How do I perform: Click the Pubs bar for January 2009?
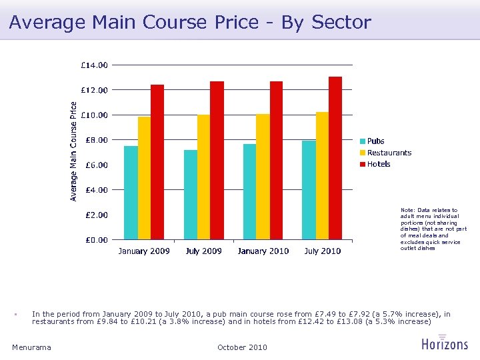click(131, 193)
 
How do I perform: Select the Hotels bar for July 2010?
click(335, 158)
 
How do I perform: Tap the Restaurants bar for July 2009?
click(203, 177)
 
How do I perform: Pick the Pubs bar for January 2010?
click(249, 192)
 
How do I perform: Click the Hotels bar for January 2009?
click(157, 162)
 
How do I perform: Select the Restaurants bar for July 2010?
click(322, 176)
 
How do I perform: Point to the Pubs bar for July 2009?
click(191, 195)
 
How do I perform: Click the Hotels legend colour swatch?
click(363, 164)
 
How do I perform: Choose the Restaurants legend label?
click(389, 153)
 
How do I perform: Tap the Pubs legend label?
click(376, 141)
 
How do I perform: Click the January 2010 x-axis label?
click(263, 251)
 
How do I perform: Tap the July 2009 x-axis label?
click(203, 251)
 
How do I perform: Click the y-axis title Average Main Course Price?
click(74, 151)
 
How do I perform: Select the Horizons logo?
click(445, 342)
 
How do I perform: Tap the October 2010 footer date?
click(242, 347)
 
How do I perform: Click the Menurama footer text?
click(31, 347)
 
